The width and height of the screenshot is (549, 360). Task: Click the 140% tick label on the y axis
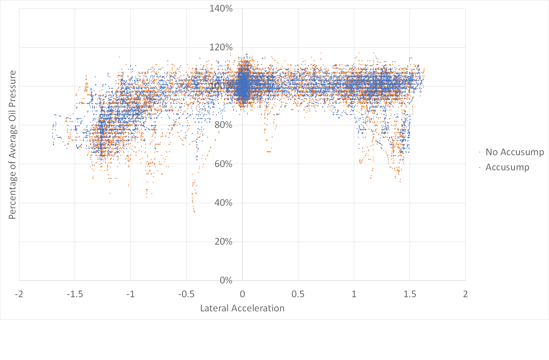point(221,9)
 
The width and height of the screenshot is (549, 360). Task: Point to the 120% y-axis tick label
point(221,47)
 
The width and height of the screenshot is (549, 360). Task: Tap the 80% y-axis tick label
point(223,125)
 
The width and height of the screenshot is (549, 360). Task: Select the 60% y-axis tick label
point(223,164)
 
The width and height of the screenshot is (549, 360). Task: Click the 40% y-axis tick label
point(223,203)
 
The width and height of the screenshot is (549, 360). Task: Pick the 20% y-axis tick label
point(223,242)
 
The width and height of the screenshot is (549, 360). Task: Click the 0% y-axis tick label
point(226,280)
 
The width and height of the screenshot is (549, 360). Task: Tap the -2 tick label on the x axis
point(19,294)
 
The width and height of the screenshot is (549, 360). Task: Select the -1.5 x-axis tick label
point(75,294)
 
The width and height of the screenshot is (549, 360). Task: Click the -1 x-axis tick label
point(131,294)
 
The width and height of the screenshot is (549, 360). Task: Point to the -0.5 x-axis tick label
point(187,294)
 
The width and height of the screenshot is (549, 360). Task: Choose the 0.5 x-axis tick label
point(298,294)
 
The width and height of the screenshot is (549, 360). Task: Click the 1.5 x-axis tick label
point(410,294)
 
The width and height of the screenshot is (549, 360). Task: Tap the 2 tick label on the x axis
point(465,294)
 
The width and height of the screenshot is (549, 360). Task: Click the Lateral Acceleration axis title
point(242,308)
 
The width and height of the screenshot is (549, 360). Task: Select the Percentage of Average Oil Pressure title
point(12,145)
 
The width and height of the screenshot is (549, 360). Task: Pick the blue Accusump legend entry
point(507,167)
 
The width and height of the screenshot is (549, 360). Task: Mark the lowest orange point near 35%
point(194,212)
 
